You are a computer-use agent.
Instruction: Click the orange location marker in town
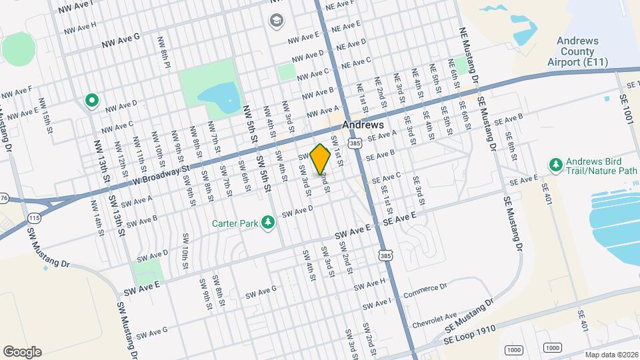click(x=321, y=159)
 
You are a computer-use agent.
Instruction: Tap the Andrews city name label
click(x=363, y=125)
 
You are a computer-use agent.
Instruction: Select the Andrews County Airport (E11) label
click(x=578, y=51)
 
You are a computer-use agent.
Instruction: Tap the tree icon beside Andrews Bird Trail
click(x=554, y=163)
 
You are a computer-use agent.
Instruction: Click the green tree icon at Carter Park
click(x=268, y=221)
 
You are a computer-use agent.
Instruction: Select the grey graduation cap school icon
click(x=275, y=21)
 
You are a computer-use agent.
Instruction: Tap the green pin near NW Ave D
click(x=92, y=101)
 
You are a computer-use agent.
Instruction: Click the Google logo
click(x=23, y=351)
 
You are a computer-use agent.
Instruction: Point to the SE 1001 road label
click(x=627, y=106)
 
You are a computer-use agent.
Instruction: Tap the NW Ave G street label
click(x=121, y=41)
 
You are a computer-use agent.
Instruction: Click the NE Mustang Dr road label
click(x=469, y=57)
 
